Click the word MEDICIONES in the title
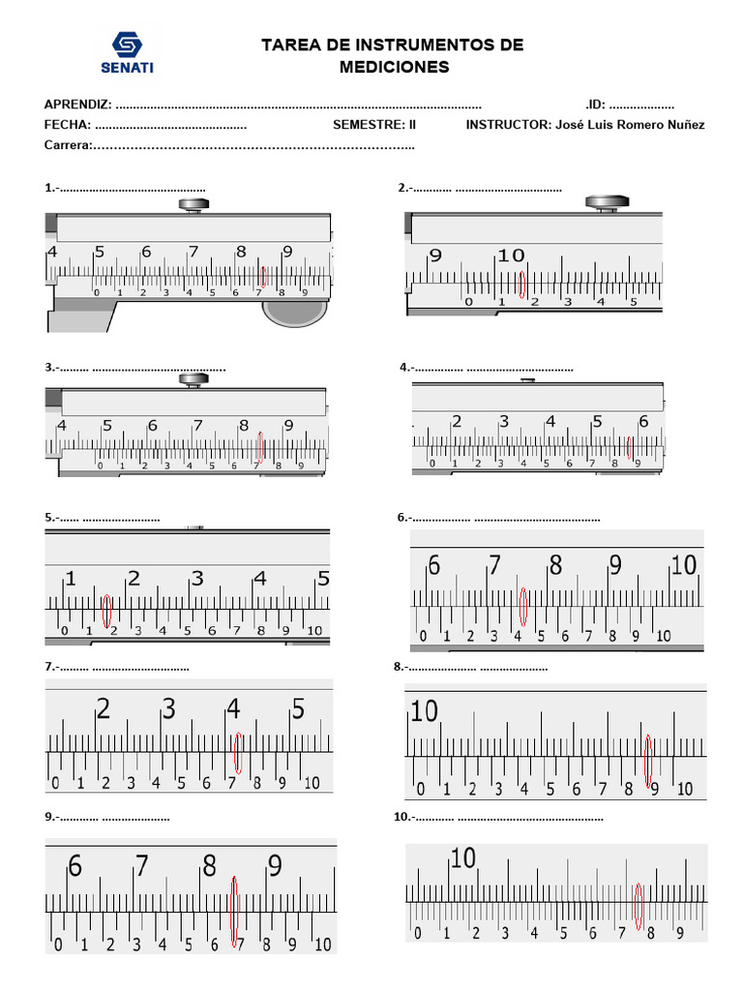(x=394, y=67)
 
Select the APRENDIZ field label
(x=77, y=105)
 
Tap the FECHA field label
(x=67, y=125)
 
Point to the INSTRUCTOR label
(x=508, y=125)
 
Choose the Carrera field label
(x=68, y=145)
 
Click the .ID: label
(x=595, y=105)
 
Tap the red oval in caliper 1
(x=262, y=277)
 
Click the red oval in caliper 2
(x=522, y=284)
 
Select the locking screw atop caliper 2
(x=607, y=203)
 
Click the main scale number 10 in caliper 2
(x=511, y=255)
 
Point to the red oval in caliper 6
(x=523, y=607)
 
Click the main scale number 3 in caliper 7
(x=168, y=709)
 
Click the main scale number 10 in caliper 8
(x=424, y=711)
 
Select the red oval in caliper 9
(x=234, y=911)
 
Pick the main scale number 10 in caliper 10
(x=463, y=857)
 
